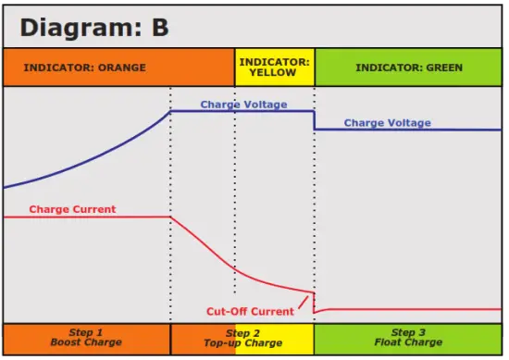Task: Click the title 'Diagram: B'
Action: click(x=94, y=27)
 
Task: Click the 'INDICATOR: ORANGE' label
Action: click(x=84, y=68)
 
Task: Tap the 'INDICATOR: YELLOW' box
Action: click(x=274, y=67)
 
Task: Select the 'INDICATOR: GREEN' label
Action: click(x=410, y=68)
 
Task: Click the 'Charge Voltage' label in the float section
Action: click(x=387, y=123)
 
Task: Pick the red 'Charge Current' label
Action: click(x=72, y=209)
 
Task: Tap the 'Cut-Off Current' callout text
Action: click(x=249, y=311)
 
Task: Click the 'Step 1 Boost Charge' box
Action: click(x=86, y=338)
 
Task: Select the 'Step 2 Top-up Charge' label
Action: click(x=242, y=338)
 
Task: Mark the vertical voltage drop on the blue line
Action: click(x=314, y=120)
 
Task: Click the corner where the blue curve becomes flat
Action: click(x=170, y=111)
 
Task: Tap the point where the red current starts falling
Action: click(x=171, y=217)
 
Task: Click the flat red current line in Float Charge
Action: click(x=407, y=308)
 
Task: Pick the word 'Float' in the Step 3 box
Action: click(x=384, y=343)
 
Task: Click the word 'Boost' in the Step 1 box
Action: click(x=67, y=343)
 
